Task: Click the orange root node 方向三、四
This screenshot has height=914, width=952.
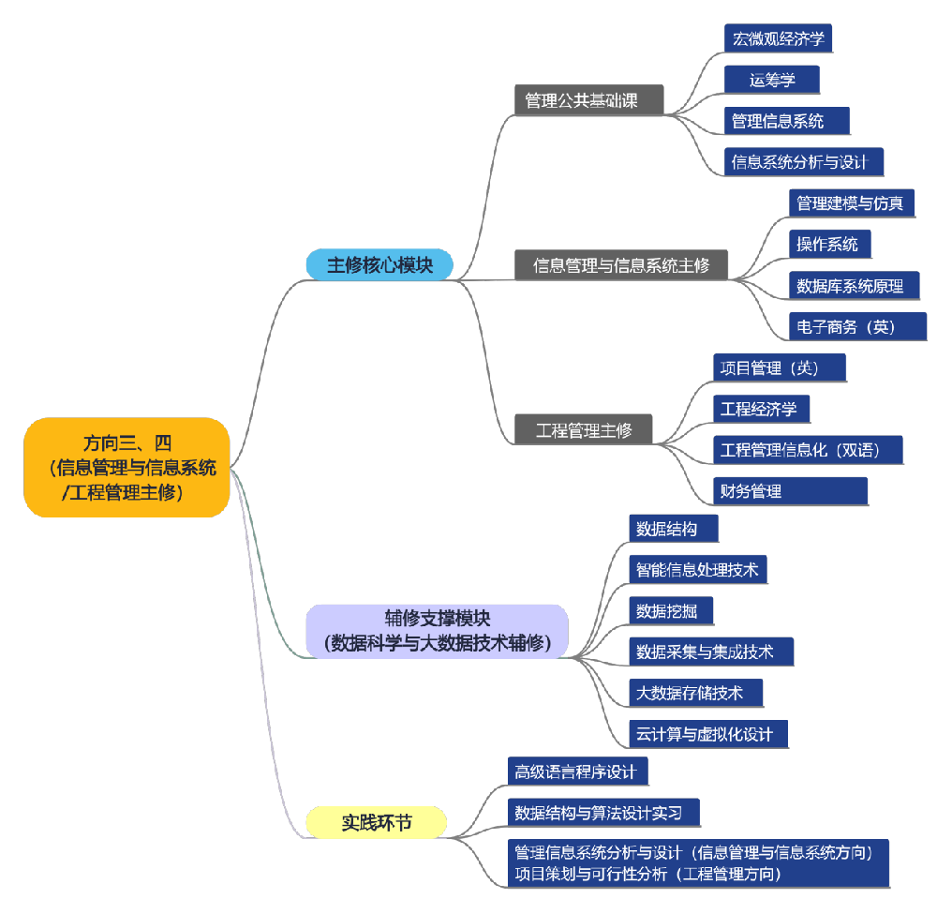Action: [126, 467]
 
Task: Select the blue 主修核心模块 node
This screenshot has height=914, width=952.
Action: [379, 265]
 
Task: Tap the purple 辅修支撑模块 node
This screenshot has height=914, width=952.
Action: [437, 630]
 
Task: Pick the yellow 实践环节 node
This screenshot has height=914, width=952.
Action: [377, 822]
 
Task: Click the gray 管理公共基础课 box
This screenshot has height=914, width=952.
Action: [589, 100]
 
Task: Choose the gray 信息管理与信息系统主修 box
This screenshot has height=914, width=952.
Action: [621, 265]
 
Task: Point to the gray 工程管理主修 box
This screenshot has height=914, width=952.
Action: [583, 430]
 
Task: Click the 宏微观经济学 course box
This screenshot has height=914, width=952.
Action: [778, 38]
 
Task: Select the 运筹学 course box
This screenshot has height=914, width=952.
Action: [771, 80]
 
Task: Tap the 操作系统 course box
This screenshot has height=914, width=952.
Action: [829, 244]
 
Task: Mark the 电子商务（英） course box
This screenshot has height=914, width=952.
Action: [857, 326]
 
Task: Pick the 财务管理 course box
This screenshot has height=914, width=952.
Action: [790, 490]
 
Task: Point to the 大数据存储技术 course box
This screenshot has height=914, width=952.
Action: [695, 693]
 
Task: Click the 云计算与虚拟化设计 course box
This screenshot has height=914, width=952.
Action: [707, 734]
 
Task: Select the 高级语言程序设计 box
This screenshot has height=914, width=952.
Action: [577, 772]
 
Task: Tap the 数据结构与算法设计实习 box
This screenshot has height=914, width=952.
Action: [603, 813]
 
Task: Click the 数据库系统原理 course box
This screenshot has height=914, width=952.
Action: [854, 285]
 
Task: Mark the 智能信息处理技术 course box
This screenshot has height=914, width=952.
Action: [698, 569]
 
